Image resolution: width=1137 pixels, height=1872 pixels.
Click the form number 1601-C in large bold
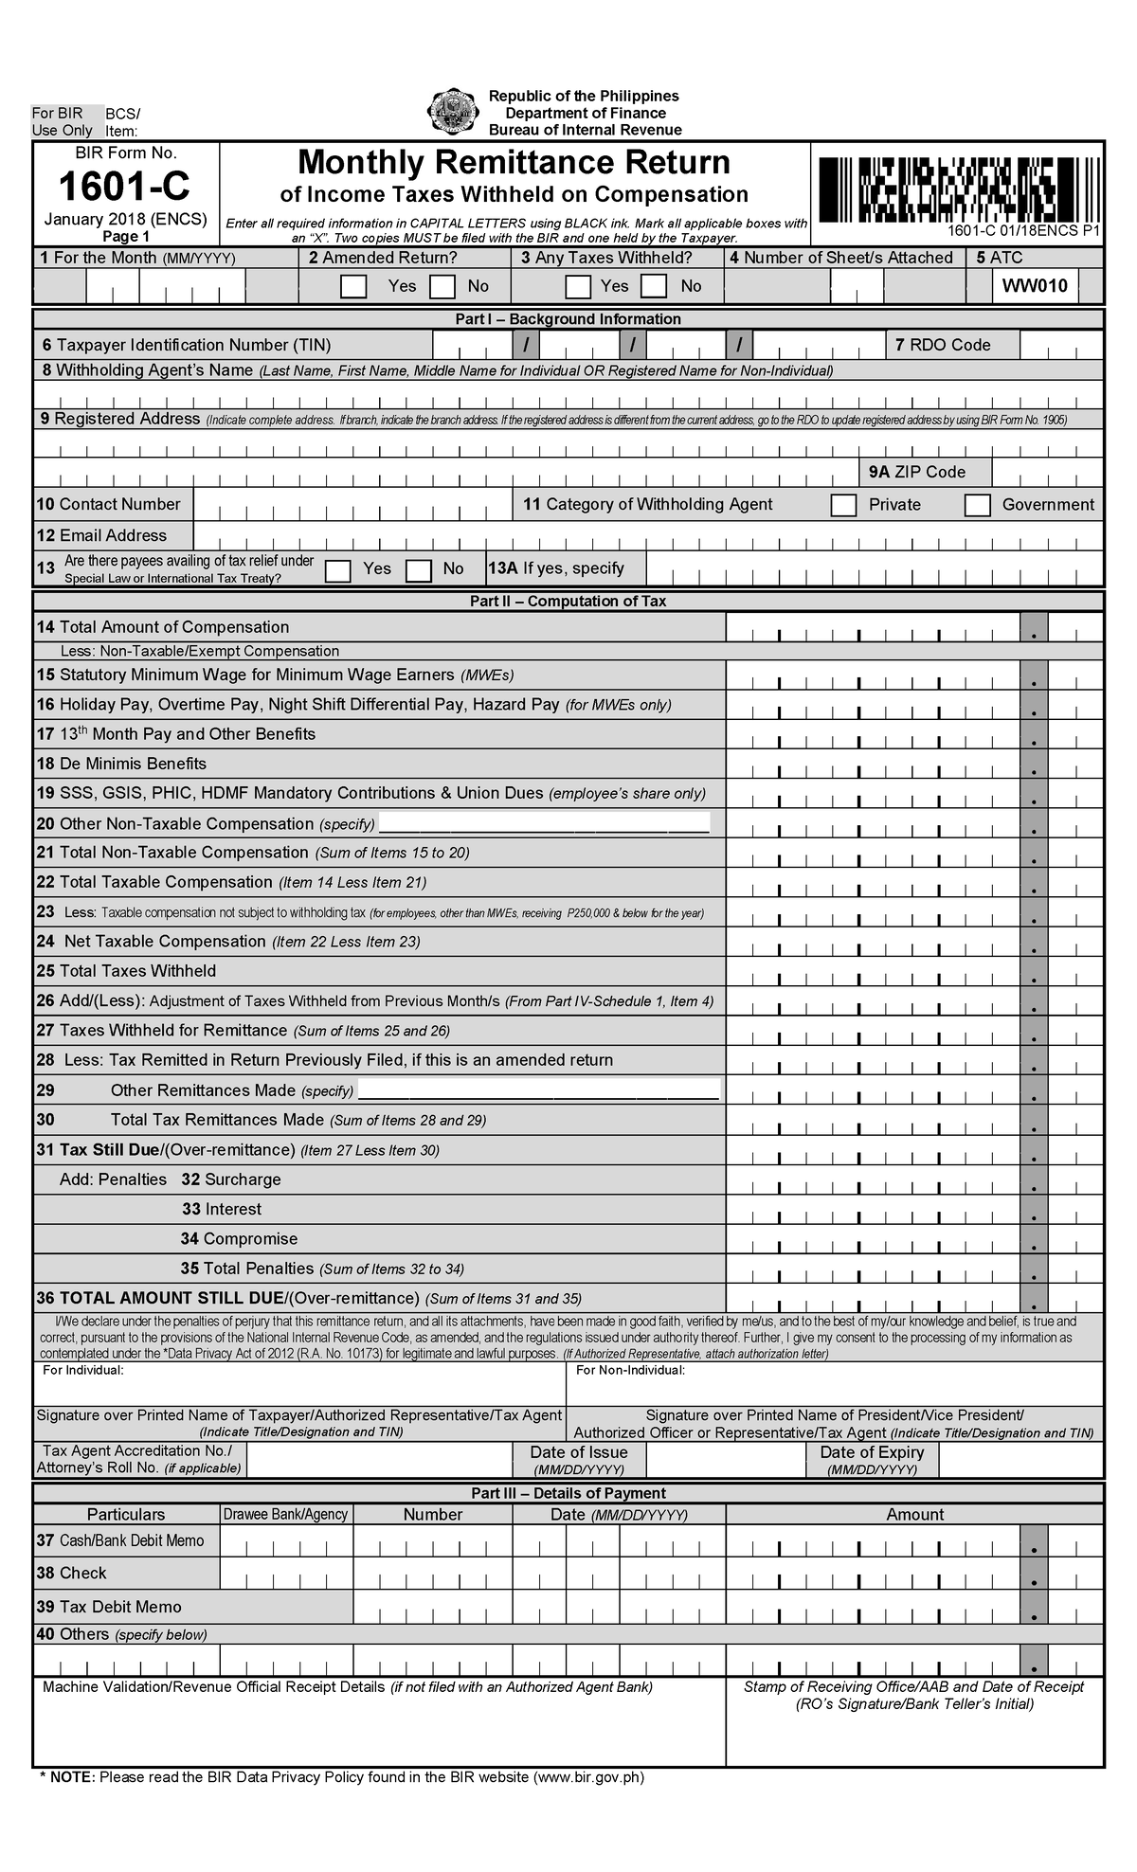[x=124, y=188]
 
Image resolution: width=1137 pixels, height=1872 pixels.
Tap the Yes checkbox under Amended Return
[x=353, y=286]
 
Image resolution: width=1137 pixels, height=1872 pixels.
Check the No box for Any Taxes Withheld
[x=654, y=286]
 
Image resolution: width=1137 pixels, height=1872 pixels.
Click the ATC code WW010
[x=1036, y=286]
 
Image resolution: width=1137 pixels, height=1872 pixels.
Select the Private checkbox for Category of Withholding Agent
[x=843, y=505]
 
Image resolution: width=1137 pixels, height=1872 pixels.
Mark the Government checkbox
[x=977, y=505]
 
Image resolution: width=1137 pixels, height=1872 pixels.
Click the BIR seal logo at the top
[x=453, y=112]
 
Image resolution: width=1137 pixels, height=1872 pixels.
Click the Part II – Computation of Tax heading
[x=568, y=601]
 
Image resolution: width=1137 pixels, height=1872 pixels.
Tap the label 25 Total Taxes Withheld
[x=126, y=971]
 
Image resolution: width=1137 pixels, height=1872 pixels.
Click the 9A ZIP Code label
[x=917, y=472]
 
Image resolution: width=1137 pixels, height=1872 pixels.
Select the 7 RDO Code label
[x=943, y=345]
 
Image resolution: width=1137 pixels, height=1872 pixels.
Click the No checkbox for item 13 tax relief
[x=419, y=570]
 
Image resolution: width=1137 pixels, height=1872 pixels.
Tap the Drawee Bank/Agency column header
[x=286, y=1514]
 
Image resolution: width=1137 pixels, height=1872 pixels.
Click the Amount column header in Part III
[x=914, y=1514]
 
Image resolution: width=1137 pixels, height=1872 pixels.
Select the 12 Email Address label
[x=101, y=535]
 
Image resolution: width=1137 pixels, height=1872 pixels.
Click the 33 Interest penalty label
[x=222, y=1209]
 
